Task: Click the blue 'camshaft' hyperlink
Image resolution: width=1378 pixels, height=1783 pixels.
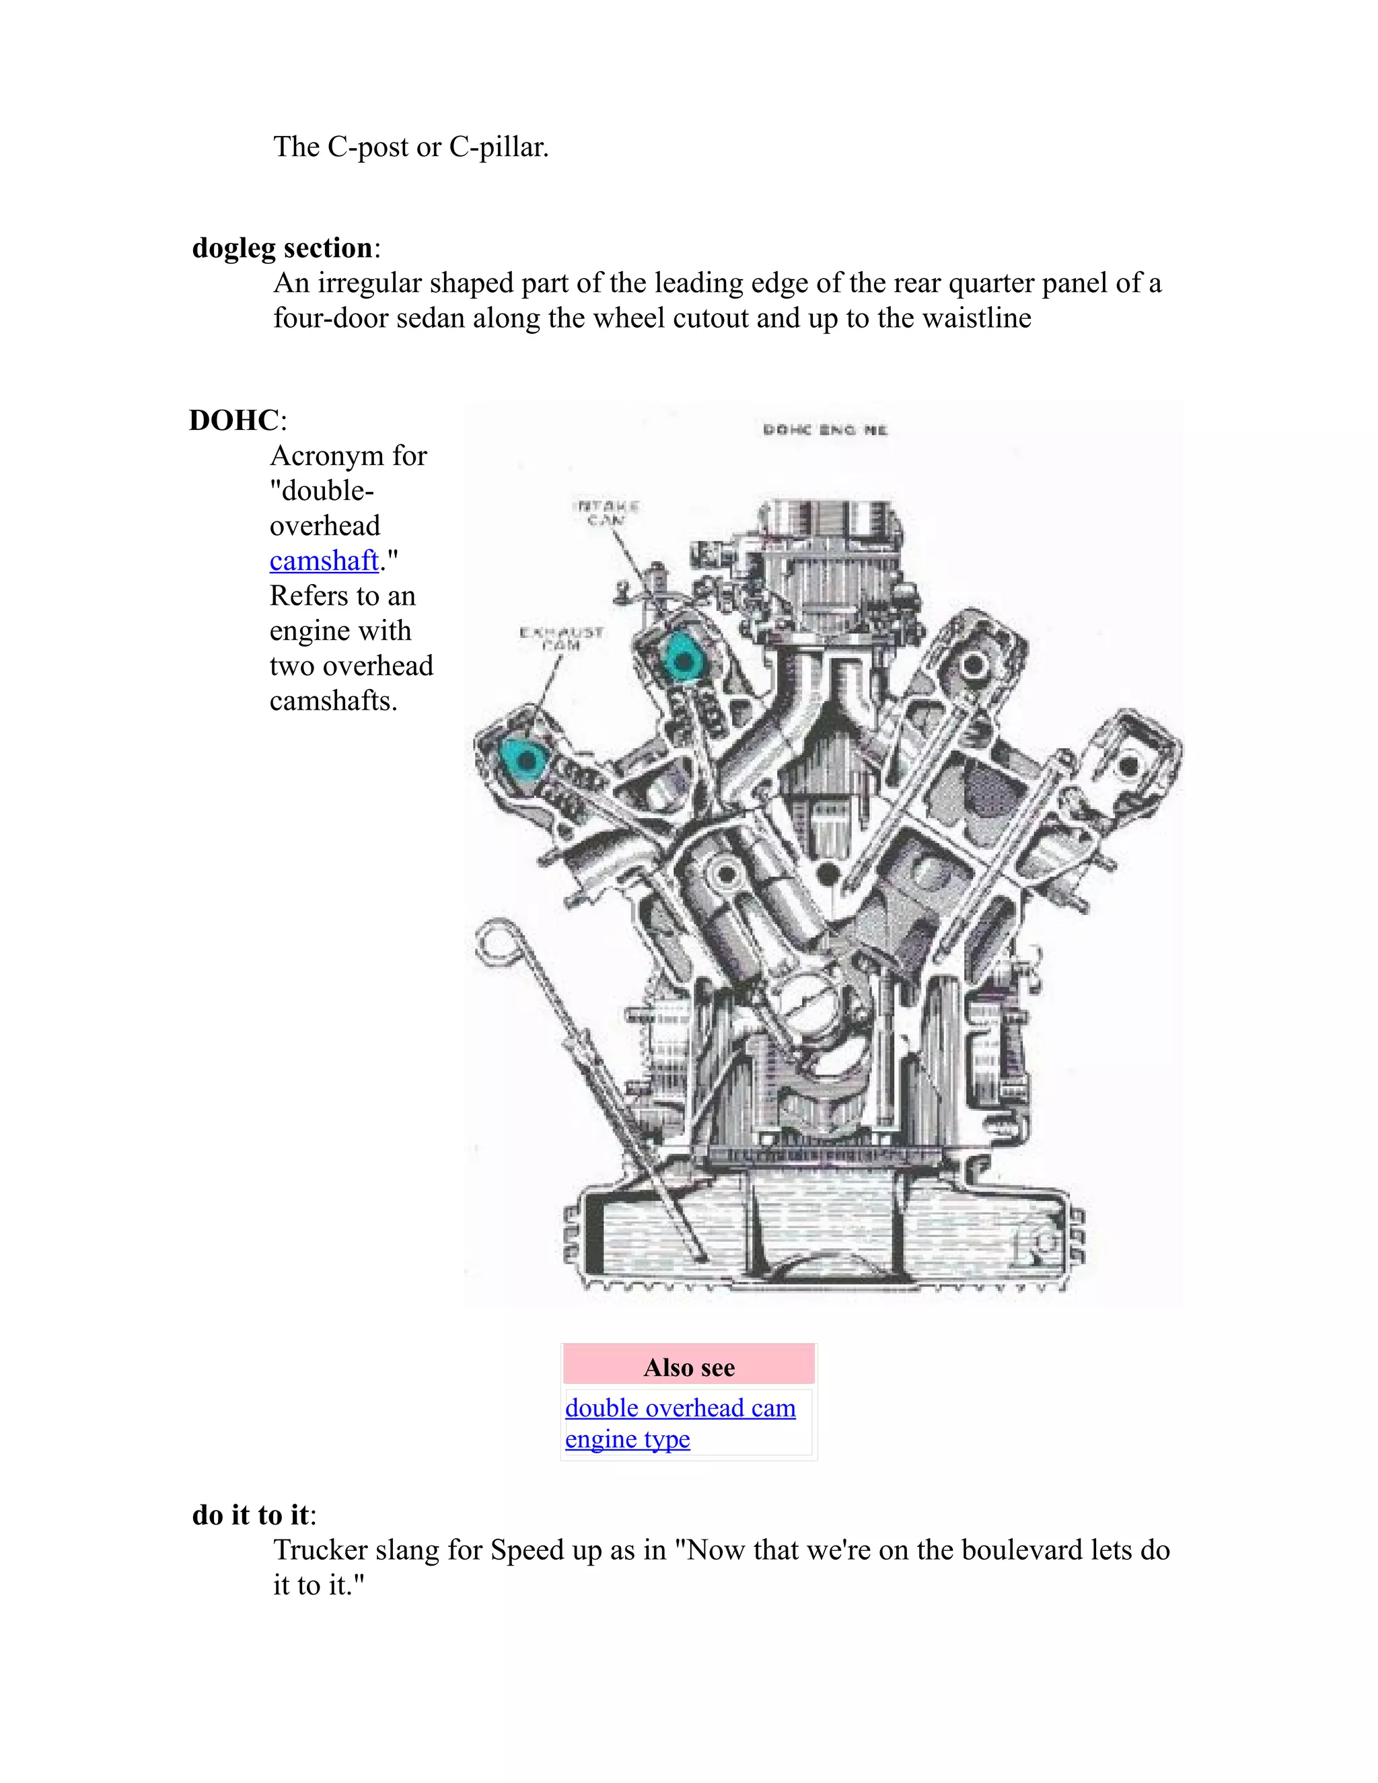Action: click(x=324, y=561)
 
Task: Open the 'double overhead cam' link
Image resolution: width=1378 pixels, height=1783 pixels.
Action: click(x=680, y=1408)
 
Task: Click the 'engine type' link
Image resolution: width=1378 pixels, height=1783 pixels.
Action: click(x=627, y=1439)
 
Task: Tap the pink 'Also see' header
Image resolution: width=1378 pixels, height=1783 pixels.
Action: click(x=689, y=1367)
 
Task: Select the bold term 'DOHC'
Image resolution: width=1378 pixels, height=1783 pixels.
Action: click(x=234, y=421)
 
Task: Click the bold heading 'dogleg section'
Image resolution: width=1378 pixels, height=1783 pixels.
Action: click(x=283, y=248)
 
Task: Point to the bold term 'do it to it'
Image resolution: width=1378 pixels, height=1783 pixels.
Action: click(x=250, y=1515)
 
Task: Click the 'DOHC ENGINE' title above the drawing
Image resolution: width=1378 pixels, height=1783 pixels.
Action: click(x=824, y=430)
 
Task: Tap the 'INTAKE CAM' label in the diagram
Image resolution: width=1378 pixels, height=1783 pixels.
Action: click(x=606, y=513)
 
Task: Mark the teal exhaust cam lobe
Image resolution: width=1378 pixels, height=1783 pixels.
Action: click(x=525, y=759)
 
